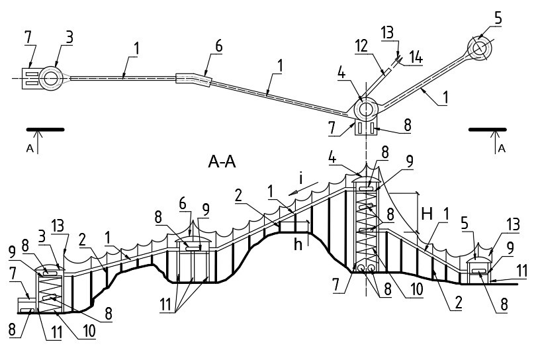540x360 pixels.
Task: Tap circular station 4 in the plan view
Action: [x=365, y=109]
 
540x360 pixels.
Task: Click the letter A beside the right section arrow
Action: [x=502, y=149]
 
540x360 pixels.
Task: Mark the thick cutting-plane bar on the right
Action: [x=487, y=129]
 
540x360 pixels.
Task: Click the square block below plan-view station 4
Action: [x=365, y=126]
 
